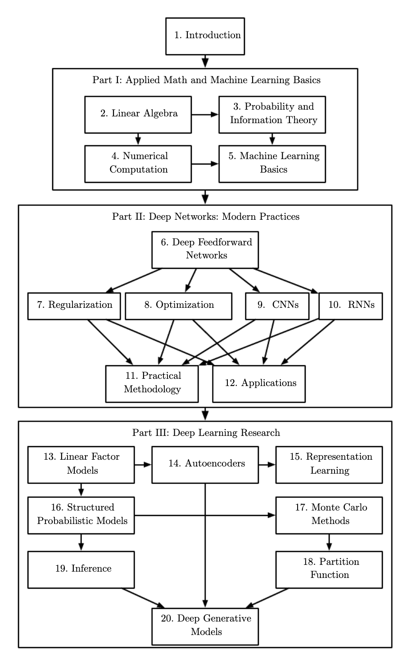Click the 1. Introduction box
pyautogui.click(x=205, y=36)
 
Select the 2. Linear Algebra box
pyautogui.click(x=138, y=115)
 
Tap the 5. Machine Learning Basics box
pyautogui.click(x=272, y=164)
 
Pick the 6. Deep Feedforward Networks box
pyautogui.click(x=205, y=250)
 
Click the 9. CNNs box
pyautogui.click(x=277, y=306)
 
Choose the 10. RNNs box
pyautogui.click(x=351, y=306)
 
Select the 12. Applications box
pyautogui.click(x=259, y=384)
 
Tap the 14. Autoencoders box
pyautogui.click(x=205, y=465)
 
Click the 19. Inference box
pyautogui.click(x=81, y=570)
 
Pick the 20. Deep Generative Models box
pyautogui.click(x=205, y=626)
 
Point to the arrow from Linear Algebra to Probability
pyautogui.click(x=205, y=115)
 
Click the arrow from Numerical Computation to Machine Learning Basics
pyautogui.click(x=205, y=164)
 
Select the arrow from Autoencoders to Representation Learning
pyautogui.click(x=267, y=465)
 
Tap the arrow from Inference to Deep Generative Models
pyautogui.click(x=143, y=598)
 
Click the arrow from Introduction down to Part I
pyautogui.click(x=205, y=62)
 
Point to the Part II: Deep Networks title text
pyautogui.click(x=206, y=217)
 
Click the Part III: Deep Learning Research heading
pyautogui.click(x=206, y=433)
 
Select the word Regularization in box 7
pyautogui.click(x=80, y=305)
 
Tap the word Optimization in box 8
pyautogui.click(x=185, y=305)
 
